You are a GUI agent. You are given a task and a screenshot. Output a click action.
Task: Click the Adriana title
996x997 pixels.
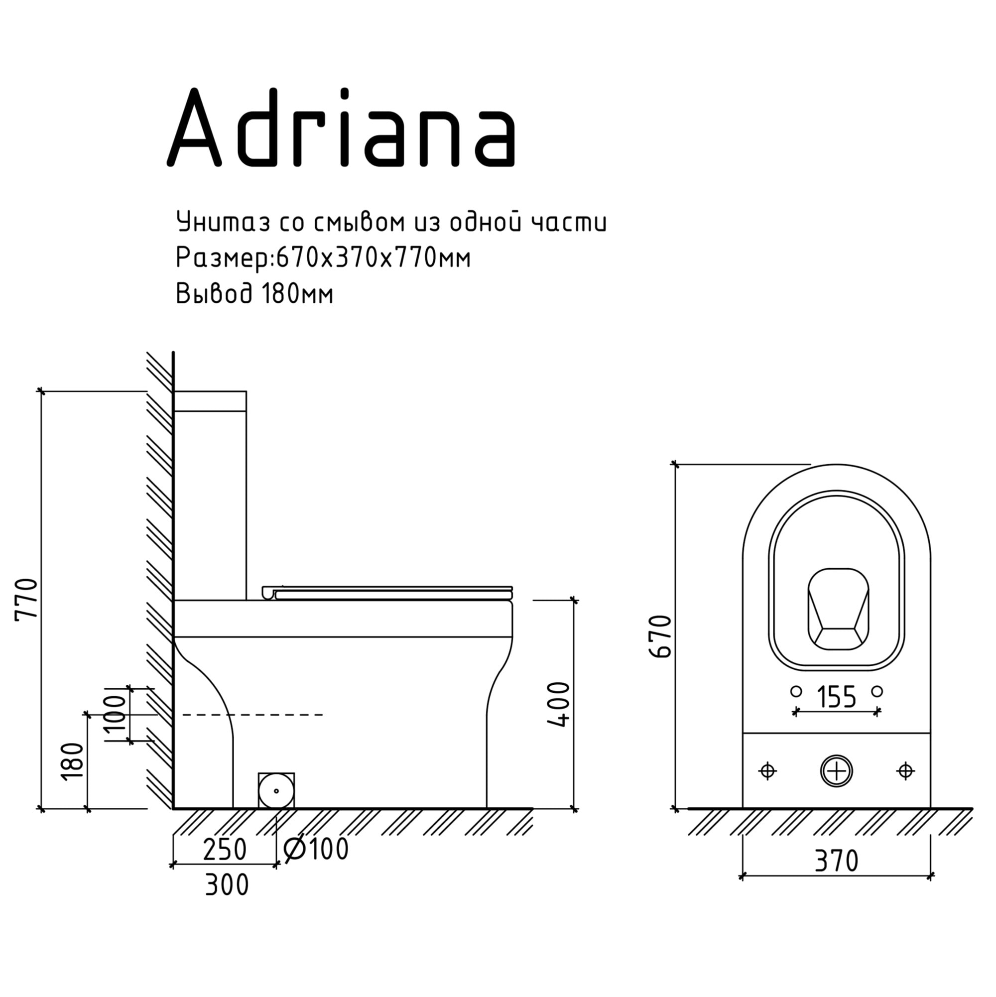(x=341, y=127)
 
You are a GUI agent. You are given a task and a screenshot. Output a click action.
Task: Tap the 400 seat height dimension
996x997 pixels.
(x=558, y=705)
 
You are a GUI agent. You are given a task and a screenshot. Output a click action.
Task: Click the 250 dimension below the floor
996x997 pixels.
(x=225, y=850)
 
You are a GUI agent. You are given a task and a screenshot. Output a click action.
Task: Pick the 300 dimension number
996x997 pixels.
(x=227, y=885)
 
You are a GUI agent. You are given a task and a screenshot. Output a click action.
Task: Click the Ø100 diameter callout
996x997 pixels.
(x=316, y=849)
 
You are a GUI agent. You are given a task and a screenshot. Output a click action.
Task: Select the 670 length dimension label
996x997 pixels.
(x=661, y=636)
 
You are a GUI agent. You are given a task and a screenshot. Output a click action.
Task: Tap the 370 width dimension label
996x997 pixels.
(x=837, y=860)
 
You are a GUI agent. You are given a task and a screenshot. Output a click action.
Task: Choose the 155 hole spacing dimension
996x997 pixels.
(x=837, y=696)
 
